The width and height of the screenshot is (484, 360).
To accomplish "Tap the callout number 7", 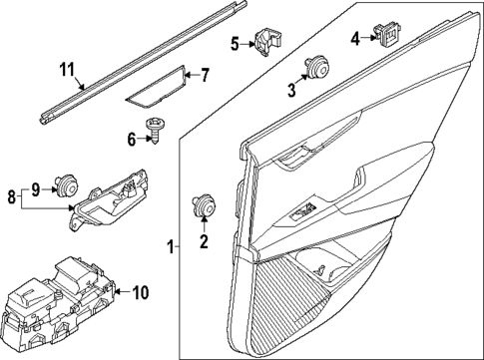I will pos(205,74).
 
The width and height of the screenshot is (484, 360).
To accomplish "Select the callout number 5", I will pos(237,43).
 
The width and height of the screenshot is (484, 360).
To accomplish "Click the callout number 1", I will pos(171,245).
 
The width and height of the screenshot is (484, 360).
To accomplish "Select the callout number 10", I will pos(141,292).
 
